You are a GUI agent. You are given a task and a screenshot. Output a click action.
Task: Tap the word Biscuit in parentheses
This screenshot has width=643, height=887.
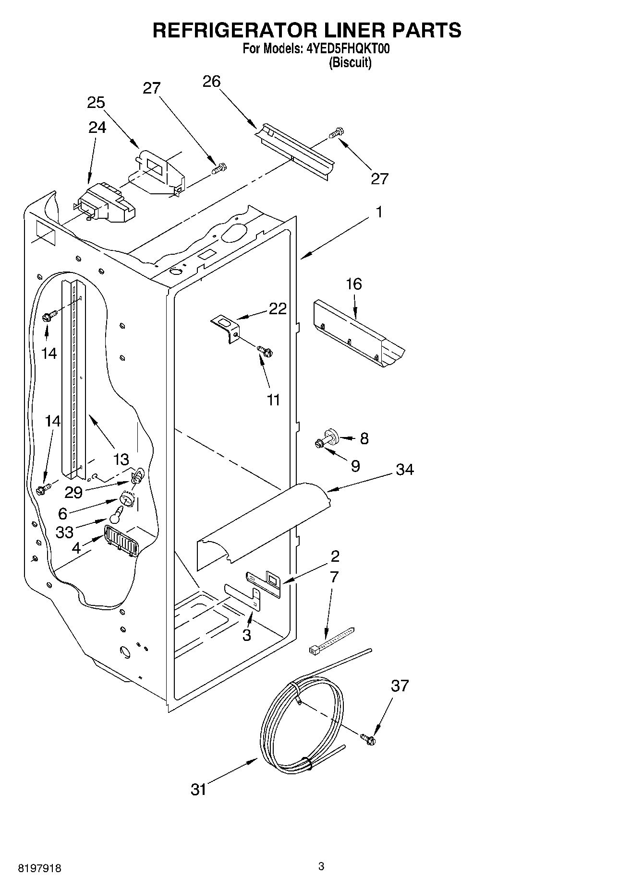tap(350, 63)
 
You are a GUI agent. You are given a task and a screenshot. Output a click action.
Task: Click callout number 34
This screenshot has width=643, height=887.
tap(404, 469)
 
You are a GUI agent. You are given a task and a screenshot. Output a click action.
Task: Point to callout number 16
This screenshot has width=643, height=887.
tap(354, 284)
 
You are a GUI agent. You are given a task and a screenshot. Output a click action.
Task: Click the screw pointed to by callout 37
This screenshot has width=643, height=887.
tap(368, 740)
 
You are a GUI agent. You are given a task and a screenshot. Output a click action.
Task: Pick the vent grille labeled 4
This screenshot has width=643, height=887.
tap(121, 540)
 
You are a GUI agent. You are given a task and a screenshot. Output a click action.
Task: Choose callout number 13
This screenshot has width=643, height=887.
tap(121, 460)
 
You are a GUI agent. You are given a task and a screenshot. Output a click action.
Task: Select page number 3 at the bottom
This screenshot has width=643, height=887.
tap(321, 866)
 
